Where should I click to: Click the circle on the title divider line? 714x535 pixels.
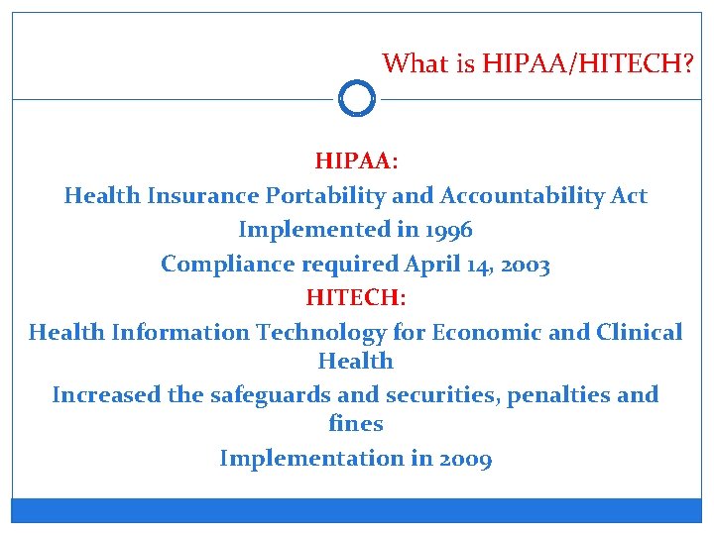pyautogui.click(x=356, y=99)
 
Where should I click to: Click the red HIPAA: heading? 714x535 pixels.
pyautogui.click(x=356, y=160)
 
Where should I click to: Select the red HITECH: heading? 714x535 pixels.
pyautogui.click(x=356, y=297)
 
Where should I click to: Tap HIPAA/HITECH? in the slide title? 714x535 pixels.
pyautogui.click(x=588, y=64)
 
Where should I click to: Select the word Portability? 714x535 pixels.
pyautogui.click(x=323, y=195)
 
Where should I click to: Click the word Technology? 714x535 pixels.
pyautogui.click(x=321, y=332)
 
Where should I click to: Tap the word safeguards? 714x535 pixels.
pyautogui.click(x=272, y=395)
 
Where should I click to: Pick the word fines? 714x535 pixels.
pyautogui.click(x=355, y=424)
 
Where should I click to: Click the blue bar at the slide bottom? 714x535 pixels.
pyautogui.click(x=356, y=510)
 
